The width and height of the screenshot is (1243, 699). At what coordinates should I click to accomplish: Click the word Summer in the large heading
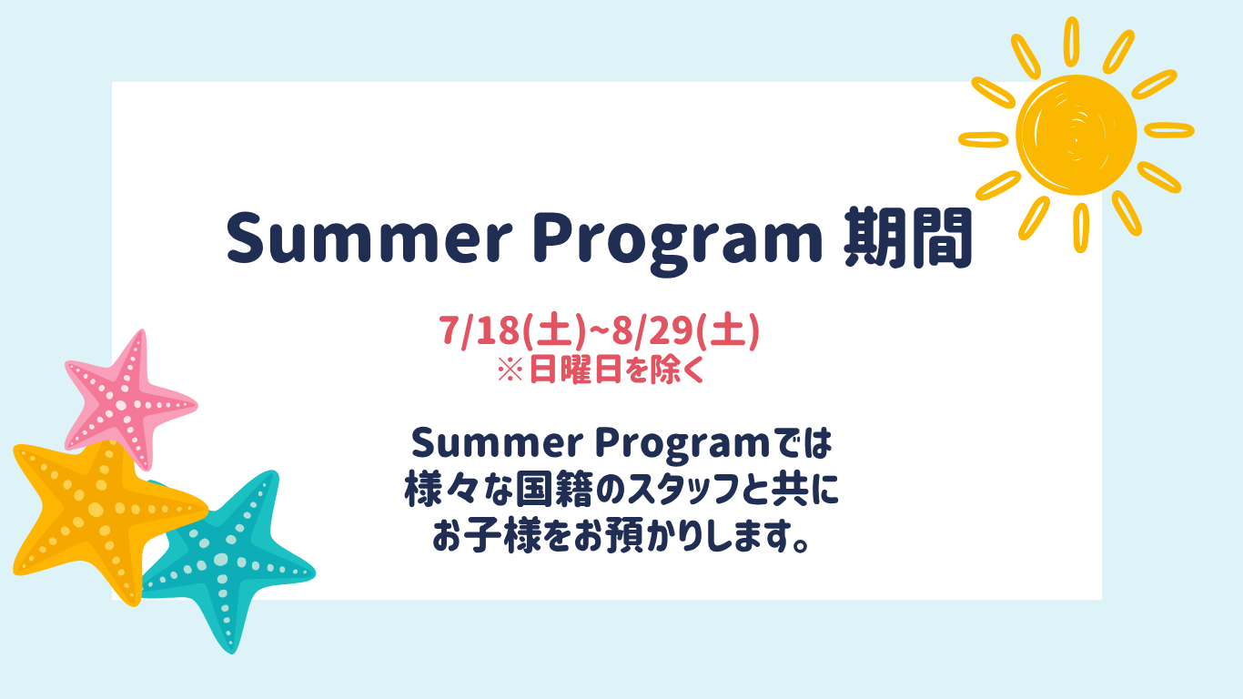tap(369, 238)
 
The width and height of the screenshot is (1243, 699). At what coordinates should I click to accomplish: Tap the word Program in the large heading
tap(678, 241)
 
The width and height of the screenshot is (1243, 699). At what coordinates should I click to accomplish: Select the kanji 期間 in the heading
tap(908, 238)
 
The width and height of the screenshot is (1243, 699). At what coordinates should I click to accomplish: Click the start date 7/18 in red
tap(479, 331)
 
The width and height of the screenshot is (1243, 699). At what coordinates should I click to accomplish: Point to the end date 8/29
tap(652, 331)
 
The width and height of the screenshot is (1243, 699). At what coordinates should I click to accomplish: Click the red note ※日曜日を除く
tap(601, 370)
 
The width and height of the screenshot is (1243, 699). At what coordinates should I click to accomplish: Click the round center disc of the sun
tap(1076, 135)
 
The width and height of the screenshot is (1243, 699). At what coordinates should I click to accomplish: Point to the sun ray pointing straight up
tap(1072, 42)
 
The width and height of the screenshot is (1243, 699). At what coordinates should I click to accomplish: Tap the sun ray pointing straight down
tap(1081, 228)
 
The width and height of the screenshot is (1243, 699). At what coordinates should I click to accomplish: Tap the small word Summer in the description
tap(497, 443)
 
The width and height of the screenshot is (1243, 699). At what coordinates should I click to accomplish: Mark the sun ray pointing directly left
tap(984, 139)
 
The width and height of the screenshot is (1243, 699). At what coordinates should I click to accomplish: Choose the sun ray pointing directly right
tap(1169, 130)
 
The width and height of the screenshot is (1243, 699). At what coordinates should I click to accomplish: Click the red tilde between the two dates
tap(598, 331)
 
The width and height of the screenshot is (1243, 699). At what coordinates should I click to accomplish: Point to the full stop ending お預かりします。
tap(801, 545)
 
